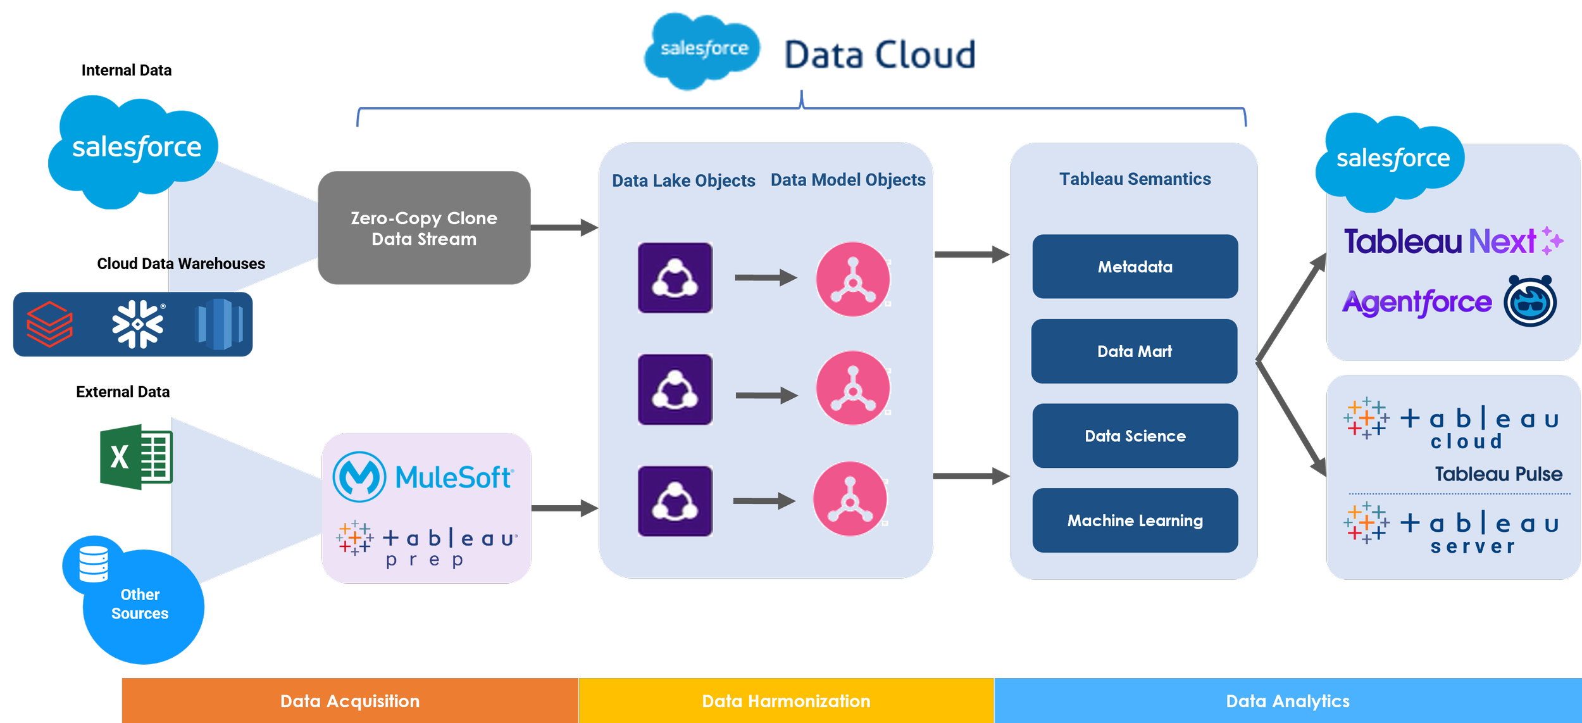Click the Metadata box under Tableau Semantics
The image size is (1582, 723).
point(1135,267)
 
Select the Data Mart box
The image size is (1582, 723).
point(1134,351)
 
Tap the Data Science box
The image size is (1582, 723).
point(1135,436)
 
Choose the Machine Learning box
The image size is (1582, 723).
point(1135,520)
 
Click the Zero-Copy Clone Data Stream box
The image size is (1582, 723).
point(424,228)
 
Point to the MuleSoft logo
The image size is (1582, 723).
point(423,477)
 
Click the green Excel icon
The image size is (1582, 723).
point(136,456)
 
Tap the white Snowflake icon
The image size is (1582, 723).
point(137,324)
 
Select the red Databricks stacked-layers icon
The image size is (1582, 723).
point(49,324)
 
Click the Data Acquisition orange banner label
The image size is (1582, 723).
point(350,701)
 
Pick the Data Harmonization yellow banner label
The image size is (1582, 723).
point(786,701)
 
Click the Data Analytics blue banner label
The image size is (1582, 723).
point(1288,701)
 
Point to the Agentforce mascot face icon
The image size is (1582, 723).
point(1529,301)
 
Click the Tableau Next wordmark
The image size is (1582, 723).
point(1440,241)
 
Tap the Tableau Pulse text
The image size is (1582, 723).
point(1498,474)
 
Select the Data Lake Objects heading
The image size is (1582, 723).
point(683,180)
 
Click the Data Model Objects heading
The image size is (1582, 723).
point(848,180)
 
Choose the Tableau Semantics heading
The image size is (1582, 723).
point(1135,179)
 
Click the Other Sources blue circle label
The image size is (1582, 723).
point(140,604)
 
